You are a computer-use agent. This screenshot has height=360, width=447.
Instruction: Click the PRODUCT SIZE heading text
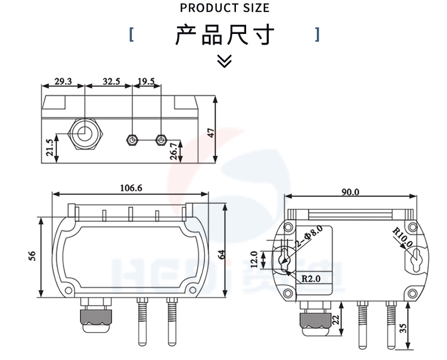coord(225,8)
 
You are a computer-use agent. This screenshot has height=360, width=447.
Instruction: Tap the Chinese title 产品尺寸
coord(225,35)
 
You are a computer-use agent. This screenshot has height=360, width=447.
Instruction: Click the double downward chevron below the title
coord(225,61)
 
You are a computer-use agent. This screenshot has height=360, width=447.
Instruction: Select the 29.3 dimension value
coord(63,82)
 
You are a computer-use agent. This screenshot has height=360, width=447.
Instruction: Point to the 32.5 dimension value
coord(111,82)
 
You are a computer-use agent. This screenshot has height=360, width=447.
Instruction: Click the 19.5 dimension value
coord(146,82)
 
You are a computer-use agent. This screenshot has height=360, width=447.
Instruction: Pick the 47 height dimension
coord(211,133)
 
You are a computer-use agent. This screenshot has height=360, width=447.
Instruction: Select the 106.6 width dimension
coord(131,188)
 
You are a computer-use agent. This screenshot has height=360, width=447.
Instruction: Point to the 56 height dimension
coord(33,256)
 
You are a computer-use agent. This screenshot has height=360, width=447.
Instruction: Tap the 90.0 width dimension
coord(350,192)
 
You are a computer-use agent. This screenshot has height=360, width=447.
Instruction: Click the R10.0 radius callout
coord(403,237)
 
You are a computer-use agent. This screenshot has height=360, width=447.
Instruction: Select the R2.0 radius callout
coord(311,278)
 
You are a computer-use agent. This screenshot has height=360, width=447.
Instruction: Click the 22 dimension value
coord(336,320)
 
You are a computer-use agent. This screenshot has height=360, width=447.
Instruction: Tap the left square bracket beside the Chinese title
coord(131,35)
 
